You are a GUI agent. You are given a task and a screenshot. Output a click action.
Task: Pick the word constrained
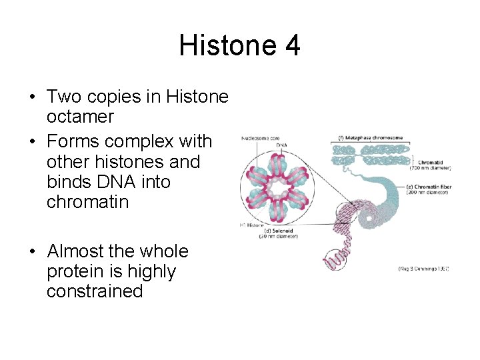(x=95, y=291)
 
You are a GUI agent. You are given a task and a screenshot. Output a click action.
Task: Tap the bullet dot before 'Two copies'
(x=32, y=97)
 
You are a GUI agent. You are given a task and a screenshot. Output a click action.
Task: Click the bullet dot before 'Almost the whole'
(x=32, y=252)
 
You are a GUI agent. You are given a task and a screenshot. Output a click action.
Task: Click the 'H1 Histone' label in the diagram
(x=253, y=226)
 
